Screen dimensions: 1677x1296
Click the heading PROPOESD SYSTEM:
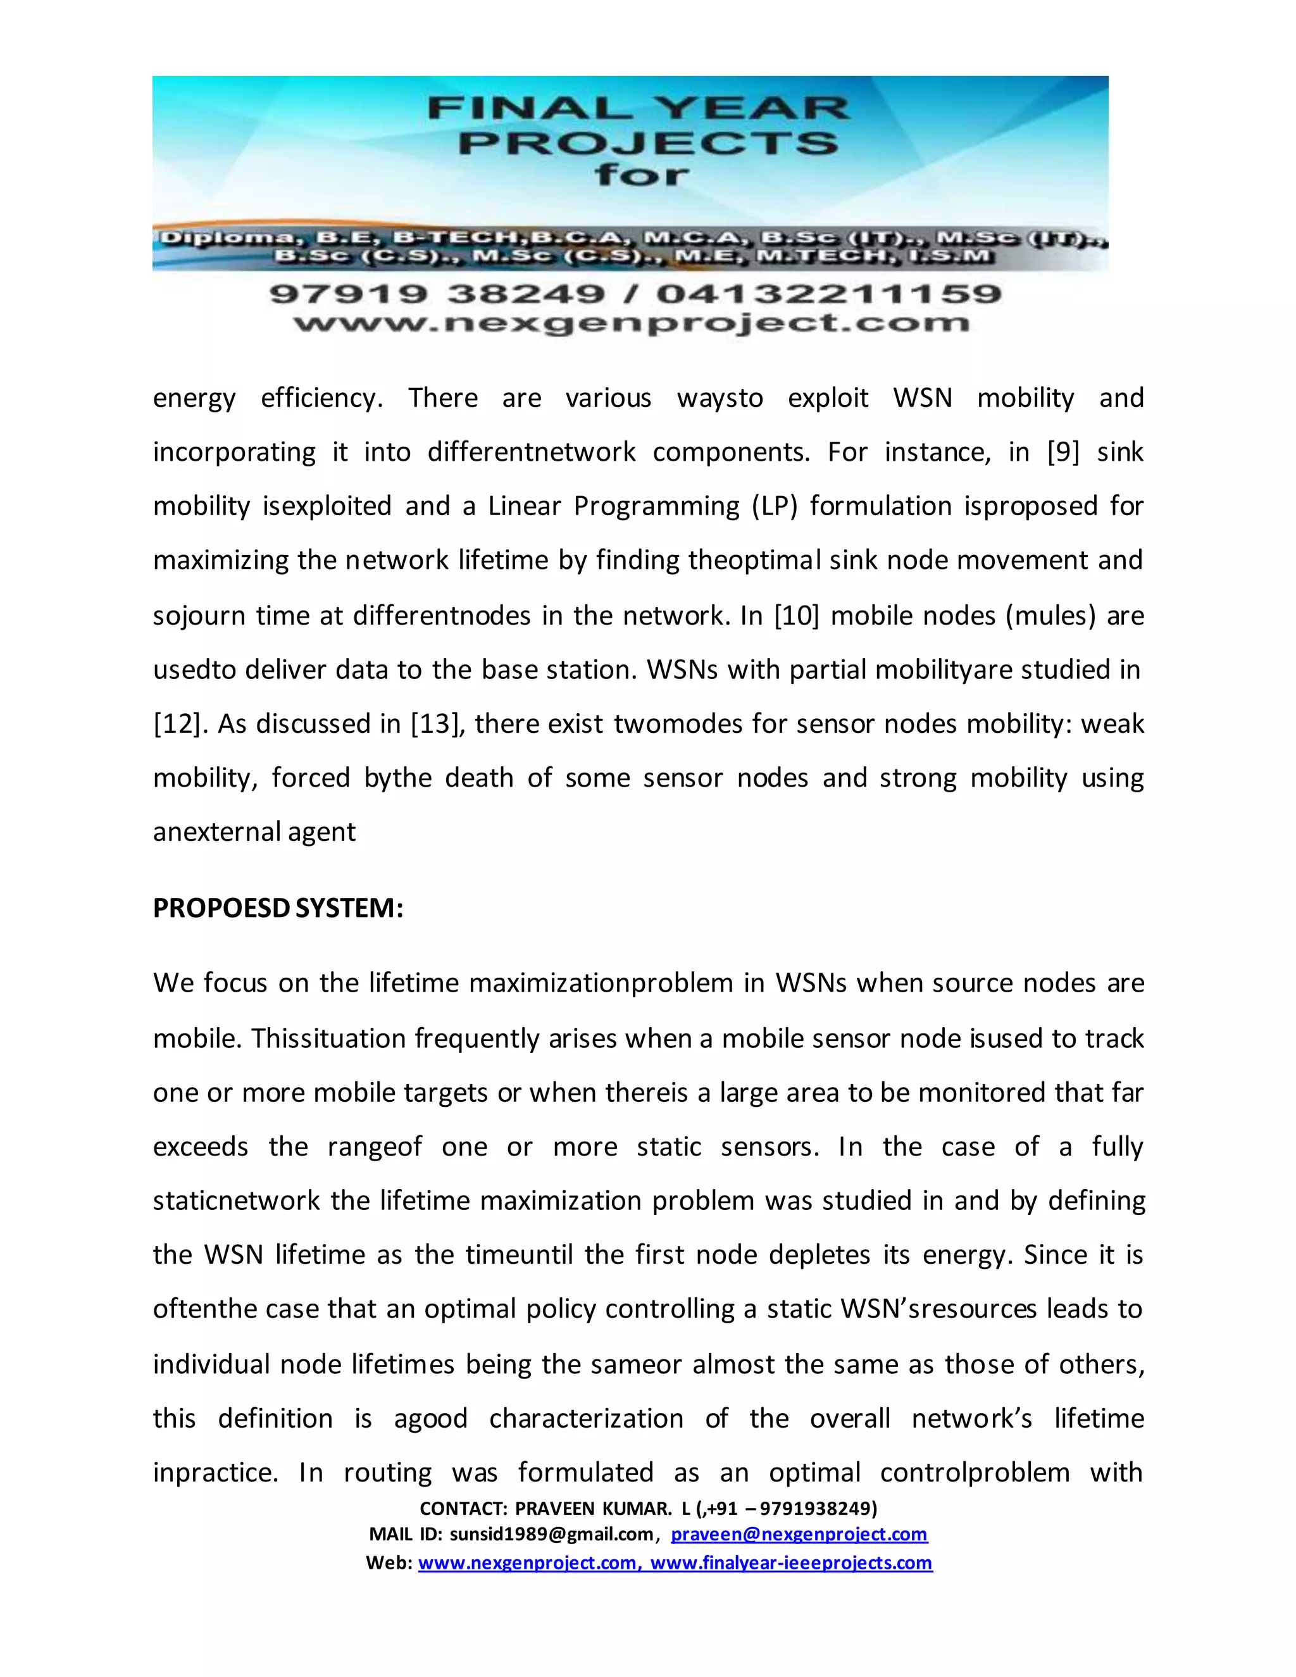click(x=278, y=908)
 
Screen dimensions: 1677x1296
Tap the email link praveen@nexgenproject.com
click(x=799, y=1534)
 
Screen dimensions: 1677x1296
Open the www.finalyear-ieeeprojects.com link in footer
click(x=791, y=1562)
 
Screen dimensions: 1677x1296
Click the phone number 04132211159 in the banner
click(x=828, y=294)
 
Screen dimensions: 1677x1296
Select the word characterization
click(x=586, y=1418)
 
